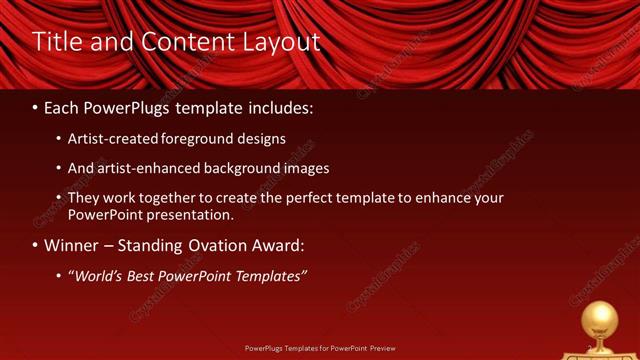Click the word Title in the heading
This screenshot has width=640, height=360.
56,41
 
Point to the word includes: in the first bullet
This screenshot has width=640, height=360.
272,106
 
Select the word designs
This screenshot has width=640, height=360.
261,139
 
